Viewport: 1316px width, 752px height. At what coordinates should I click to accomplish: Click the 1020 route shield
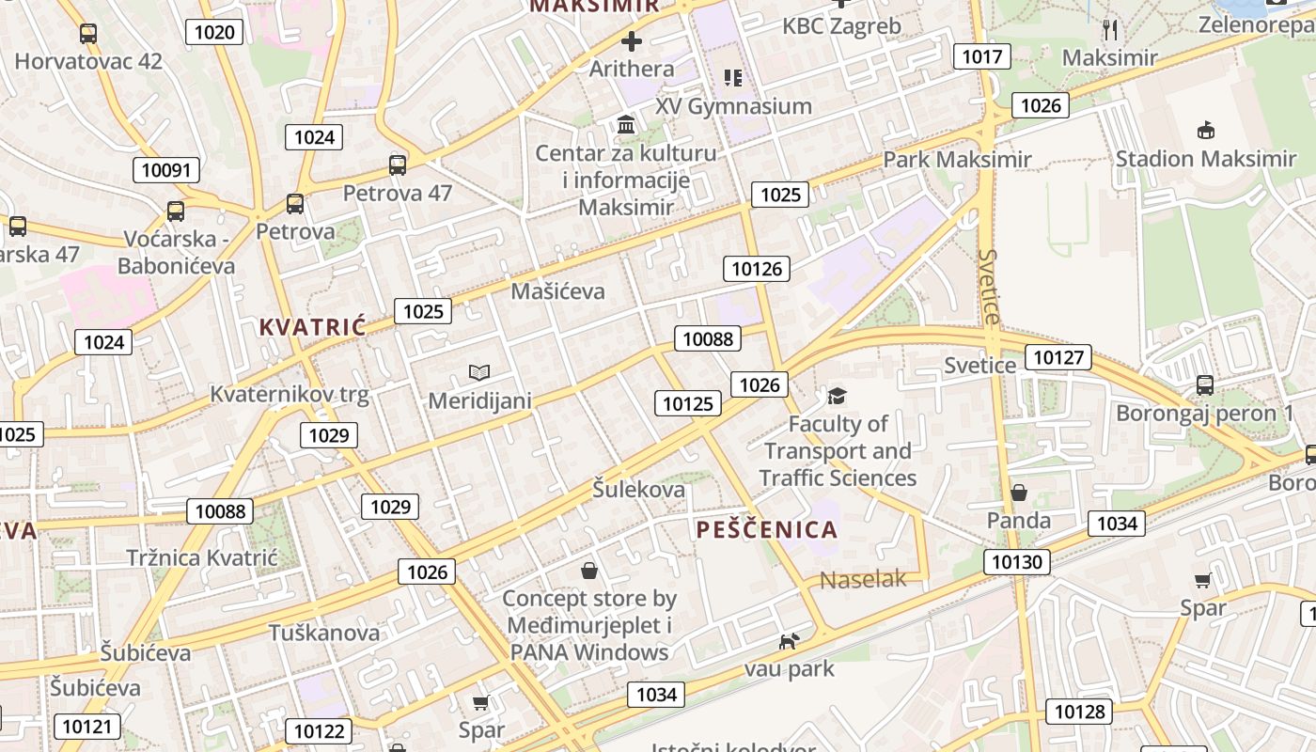pyautogui.click(x=214, y=33)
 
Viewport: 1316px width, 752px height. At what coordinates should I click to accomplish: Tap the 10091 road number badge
pyautogui.click(x=165, y=170)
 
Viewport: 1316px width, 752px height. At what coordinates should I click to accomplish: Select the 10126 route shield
pyautogui.click(x=756, y=269)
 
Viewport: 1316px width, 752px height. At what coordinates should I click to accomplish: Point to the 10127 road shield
pyautogui.click(x=1058, y=357)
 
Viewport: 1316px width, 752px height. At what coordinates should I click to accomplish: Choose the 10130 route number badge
pyautogui.click(x=1017, y=562)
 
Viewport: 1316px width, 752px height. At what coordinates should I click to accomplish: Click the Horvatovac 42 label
pyautogui.click(x=88, y=62)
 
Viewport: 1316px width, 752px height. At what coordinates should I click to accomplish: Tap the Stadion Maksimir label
pyautogui.click(x=1205, y=159)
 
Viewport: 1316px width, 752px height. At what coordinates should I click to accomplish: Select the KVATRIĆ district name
pyautogui.click(x=312, y=327)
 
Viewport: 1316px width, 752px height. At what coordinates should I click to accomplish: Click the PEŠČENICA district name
pyautogui.click(x=767, y=529)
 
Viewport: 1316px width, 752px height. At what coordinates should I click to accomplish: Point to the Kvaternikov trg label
pyautogui.click(x=276, y=394)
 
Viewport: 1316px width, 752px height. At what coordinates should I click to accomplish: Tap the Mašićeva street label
pyautogui.click(x=557, y=291)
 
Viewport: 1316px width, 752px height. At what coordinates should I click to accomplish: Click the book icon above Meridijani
pyautogui.click(x=479, y=373)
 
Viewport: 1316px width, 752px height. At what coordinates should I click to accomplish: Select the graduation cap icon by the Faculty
pyautogui.click(x=837, y=396)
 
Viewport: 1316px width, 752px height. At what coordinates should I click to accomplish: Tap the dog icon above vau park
pyautogui.click(x=789, y=641)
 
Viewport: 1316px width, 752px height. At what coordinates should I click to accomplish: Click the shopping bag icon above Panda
pyautogui.click(x=1018, y=493)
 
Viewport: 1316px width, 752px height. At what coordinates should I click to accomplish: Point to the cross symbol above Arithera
pyautogui.click(x=632, y=41)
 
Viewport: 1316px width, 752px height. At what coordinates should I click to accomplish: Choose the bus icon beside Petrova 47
pyautogui.click(x=398, y=165)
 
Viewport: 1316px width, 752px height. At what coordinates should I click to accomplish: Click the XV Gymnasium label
pyautogui.click(x=733, y=106)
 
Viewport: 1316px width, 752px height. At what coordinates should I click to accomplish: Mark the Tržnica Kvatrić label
pyautogui.click(x=202, y=557)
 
